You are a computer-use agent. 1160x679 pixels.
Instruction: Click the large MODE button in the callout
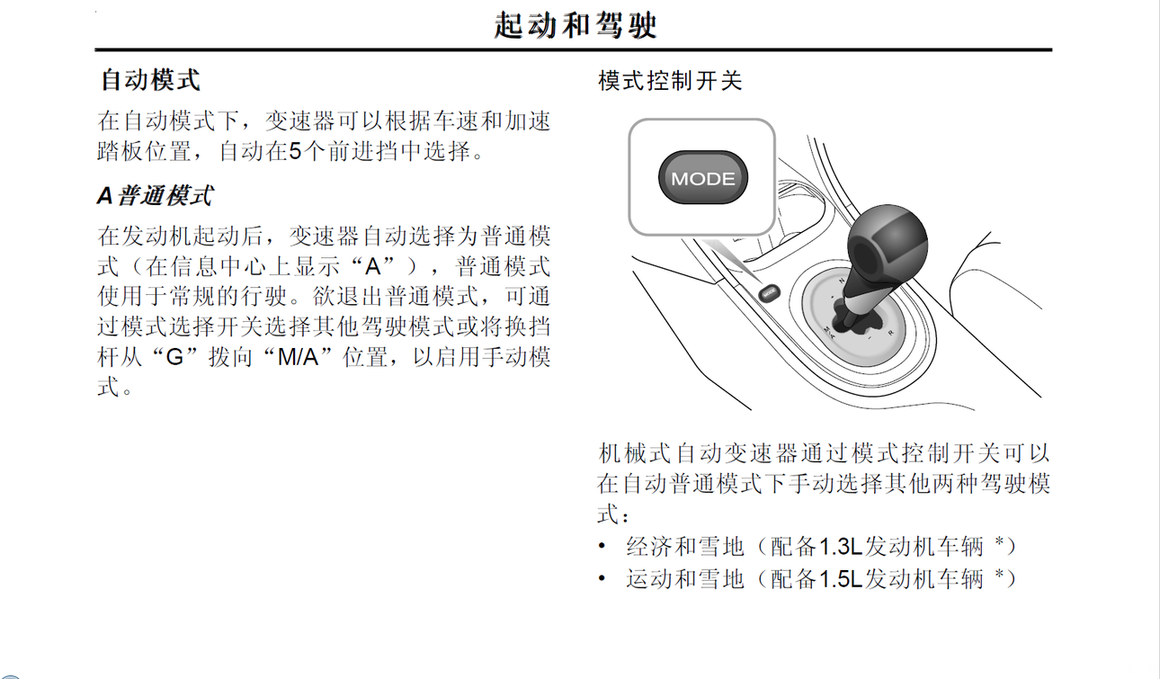pyautogui.click(x=702, y=178)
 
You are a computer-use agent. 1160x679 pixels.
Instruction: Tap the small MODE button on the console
pyautogui.click(x=769, y=292)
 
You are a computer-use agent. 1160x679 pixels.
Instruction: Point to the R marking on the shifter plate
pyautogui.click(x=890, y=333)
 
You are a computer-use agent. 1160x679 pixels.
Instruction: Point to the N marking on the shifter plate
pyautogui.click(x=842, y=281)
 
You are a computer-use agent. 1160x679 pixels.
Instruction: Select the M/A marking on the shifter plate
pyautogui.click(x=829, y=333)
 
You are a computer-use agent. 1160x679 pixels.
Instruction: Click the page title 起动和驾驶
pyautogui.click(x=576, y=25)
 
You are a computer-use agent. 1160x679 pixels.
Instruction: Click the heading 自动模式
pyautogui.click(x=151, y=80)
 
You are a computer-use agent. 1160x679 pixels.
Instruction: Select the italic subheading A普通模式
pyautogui.click(x=155, y=196)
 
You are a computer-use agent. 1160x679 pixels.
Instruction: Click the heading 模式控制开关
pyautogui.click(x=670, y=81)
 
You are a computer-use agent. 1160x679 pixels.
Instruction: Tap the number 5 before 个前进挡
pyautogui.click(x=295, y=152)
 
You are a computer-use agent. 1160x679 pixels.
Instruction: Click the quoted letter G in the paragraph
pyautogui.click(x=174, y=357)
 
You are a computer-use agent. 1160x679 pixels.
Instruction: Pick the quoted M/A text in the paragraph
pyautogui.click(x=298, y=357)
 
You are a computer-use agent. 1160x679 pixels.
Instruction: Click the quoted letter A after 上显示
pyautogui.click(x=373, y=267)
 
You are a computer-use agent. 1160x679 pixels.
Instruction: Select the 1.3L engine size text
pyautogui.click(x=841, y=547)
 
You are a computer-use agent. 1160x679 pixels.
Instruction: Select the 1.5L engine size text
pyautogui.click(x=841, y=578)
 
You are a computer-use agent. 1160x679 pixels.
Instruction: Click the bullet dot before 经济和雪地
pyautogui.click(x=602, y=546)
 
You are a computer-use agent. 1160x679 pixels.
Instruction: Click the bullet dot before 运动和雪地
pyautogui.click(x=602, y=578)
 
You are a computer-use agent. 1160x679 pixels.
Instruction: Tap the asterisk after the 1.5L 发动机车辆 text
pyautogui.click(x=999, y=574)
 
